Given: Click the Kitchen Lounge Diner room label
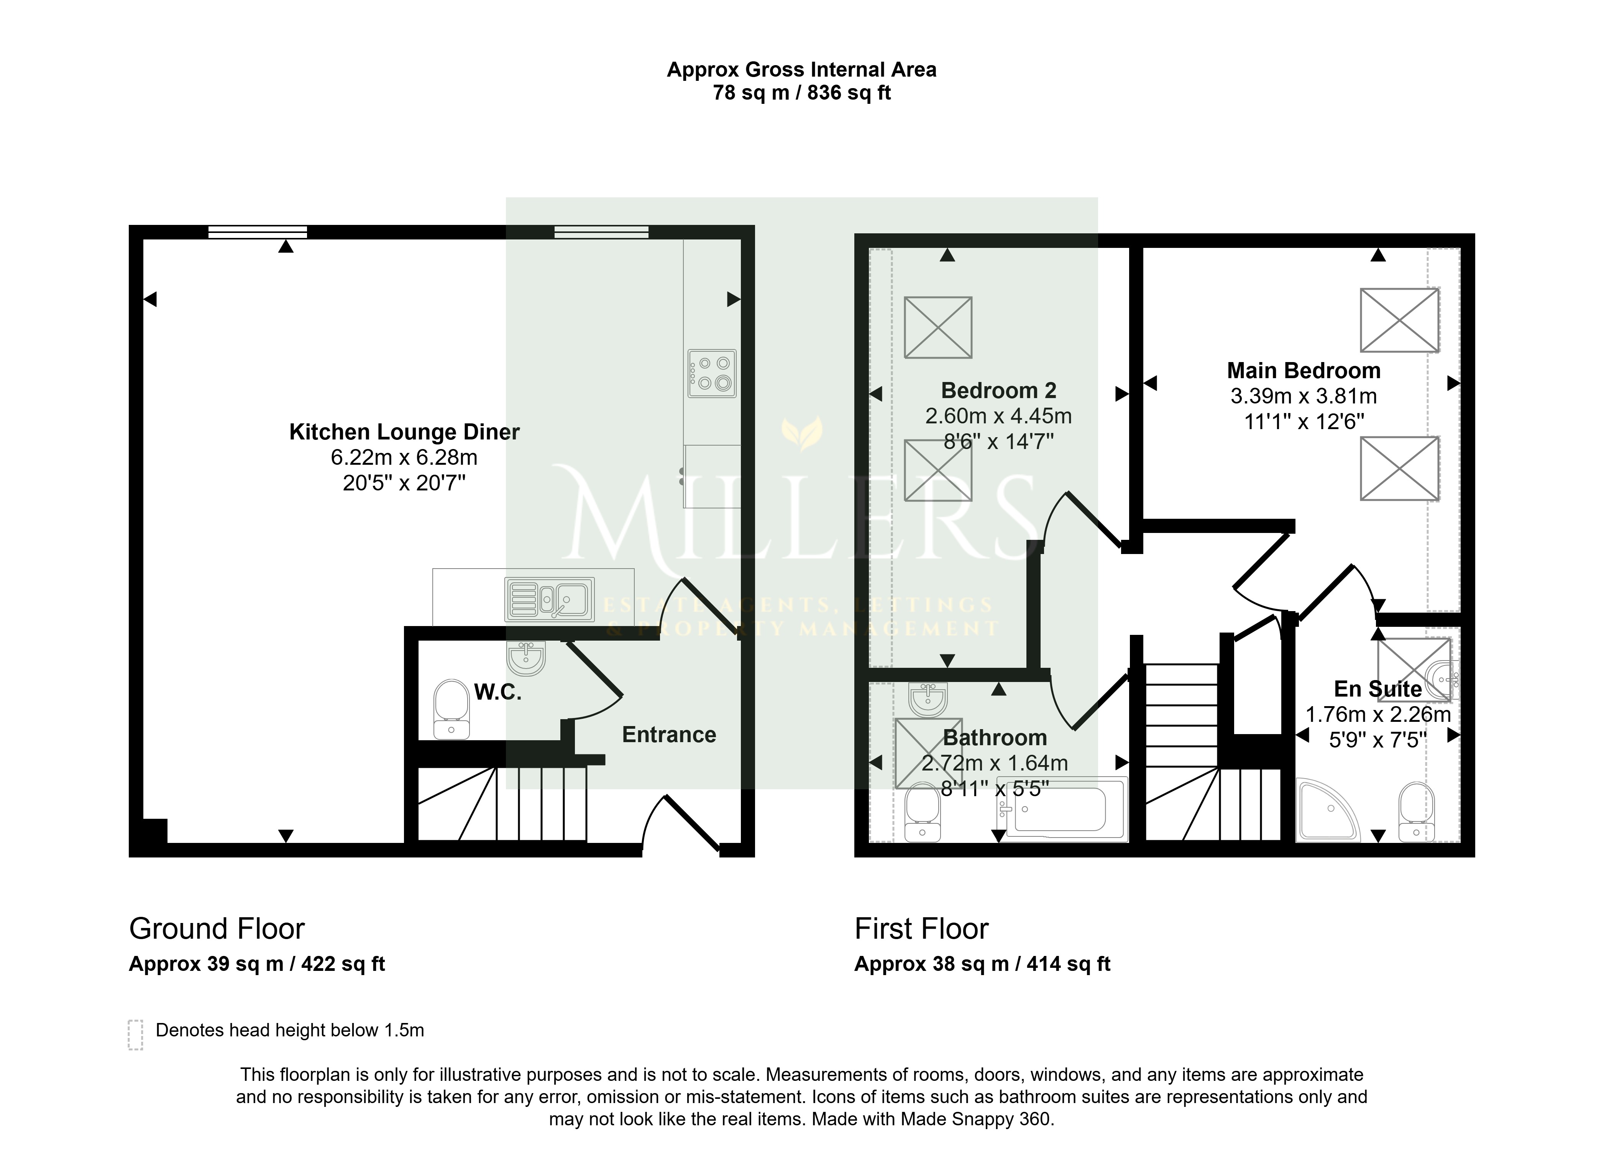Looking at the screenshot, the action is (x=404, y=432).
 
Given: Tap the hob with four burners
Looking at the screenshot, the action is (x=712, y=373).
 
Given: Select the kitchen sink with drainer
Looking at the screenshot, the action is (x=550, y=600).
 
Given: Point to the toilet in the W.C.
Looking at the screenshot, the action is (x=451, y=709).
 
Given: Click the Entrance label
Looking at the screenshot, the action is (x=669, y=735).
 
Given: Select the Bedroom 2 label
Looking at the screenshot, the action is (x=998, y=390).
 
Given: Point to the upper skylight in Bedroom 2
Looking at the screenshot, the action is (x=939, y=328).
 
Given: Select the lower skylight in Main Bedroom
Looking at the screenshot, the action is (x=1400, y=468).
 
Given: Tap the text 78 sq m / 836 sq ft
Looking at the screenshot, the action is (x=802, y=93).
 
